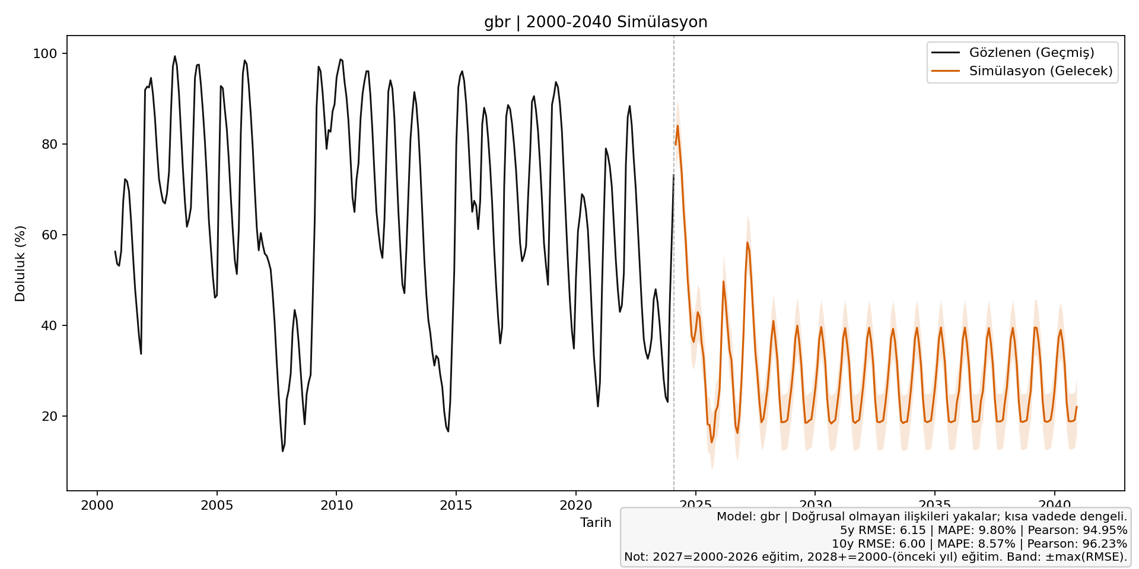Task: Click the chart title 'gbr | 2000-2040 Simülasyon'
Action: (x=596, y=22)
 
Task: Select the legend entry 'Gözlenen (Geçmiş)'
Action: (x=1032, y=52)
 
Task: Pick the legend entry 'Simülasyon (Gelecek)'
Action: (x=1041, y=71)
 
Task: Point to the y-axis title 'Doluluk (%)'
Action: (x=20, y=263)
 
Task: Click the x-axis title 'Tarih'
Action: (x=596, y=522)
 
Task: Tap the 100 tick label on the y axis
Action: (x=45, y=54)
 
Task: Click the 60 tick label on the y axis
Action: (x=49, y=235)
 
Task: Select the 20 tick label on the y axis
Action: (x=49, y=417)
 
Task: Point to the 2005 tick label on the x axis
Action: (x=217, y=506)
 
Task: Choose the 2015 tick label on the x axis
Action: (x=456, y=506)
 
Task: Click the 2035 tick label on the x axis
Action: (x=935, y=506)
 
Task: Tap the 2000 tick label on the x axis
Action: (x=97, y=506)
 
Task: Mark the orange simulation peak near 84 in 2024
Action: (x=677, y=126)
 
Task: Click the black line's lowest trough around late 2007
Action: (x=282, y=451)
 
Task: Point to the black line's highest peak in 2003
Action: (x=174, y=56)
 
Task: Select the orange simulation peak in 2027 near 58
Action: (x=747, y=242)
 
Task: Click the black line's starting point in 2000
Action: (x=115, y=251)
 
